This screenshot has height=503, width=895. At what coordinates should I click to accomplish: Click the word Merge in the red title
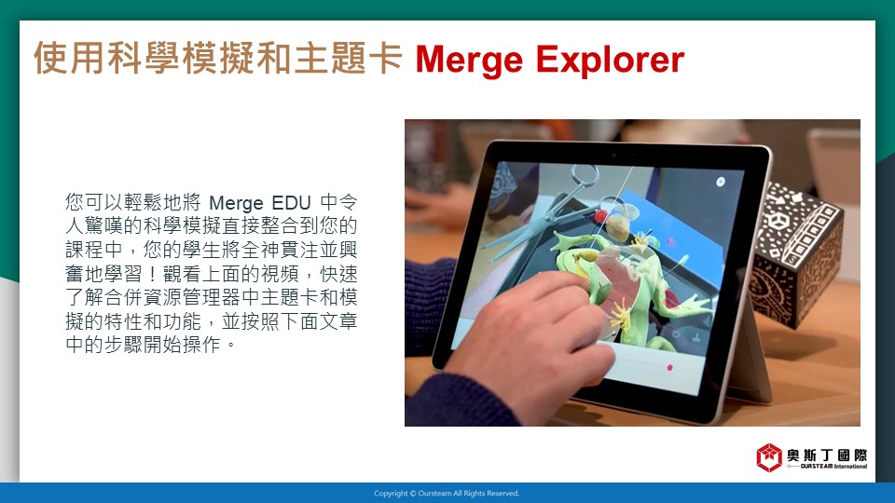(x=469, y=61)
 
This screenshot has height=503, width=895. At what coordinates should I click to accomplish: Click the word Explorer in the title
(x=610, y=60)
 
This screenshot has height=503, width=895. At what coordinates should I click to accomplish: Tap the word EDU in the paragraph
(x=291, y=202)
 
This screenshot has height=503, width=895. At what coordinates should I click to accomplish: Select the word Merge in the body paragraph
(x=236, y=203)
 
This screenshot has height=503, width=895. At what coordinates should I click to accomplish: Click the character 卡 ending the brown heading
(x=384, y=58)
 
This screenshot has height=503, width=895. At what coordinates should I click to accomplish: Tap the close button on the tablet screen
(x=721, y=182)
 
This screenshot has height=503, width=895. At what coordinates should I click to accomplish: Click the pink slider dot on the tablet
(x=669, y=368)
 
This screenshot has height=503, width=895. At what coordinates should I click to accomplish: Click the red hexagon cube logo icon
(x=769, y=457)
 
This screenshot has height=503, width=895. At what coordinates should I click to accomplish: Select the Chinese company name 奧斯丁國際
(x=827, y=455)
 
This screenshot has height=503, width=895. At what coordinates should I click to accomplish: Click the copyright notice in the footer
(x=447, y=494)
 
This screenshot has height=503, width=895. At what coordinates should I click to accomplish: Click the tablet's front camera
(x=614, y=154)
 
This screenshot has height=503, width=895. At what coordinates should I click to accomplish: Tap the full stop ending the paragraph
(x=230, y=346)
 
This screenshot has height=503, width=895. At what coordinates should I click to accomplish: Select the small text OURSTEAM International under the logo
(x=833, y=466)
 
